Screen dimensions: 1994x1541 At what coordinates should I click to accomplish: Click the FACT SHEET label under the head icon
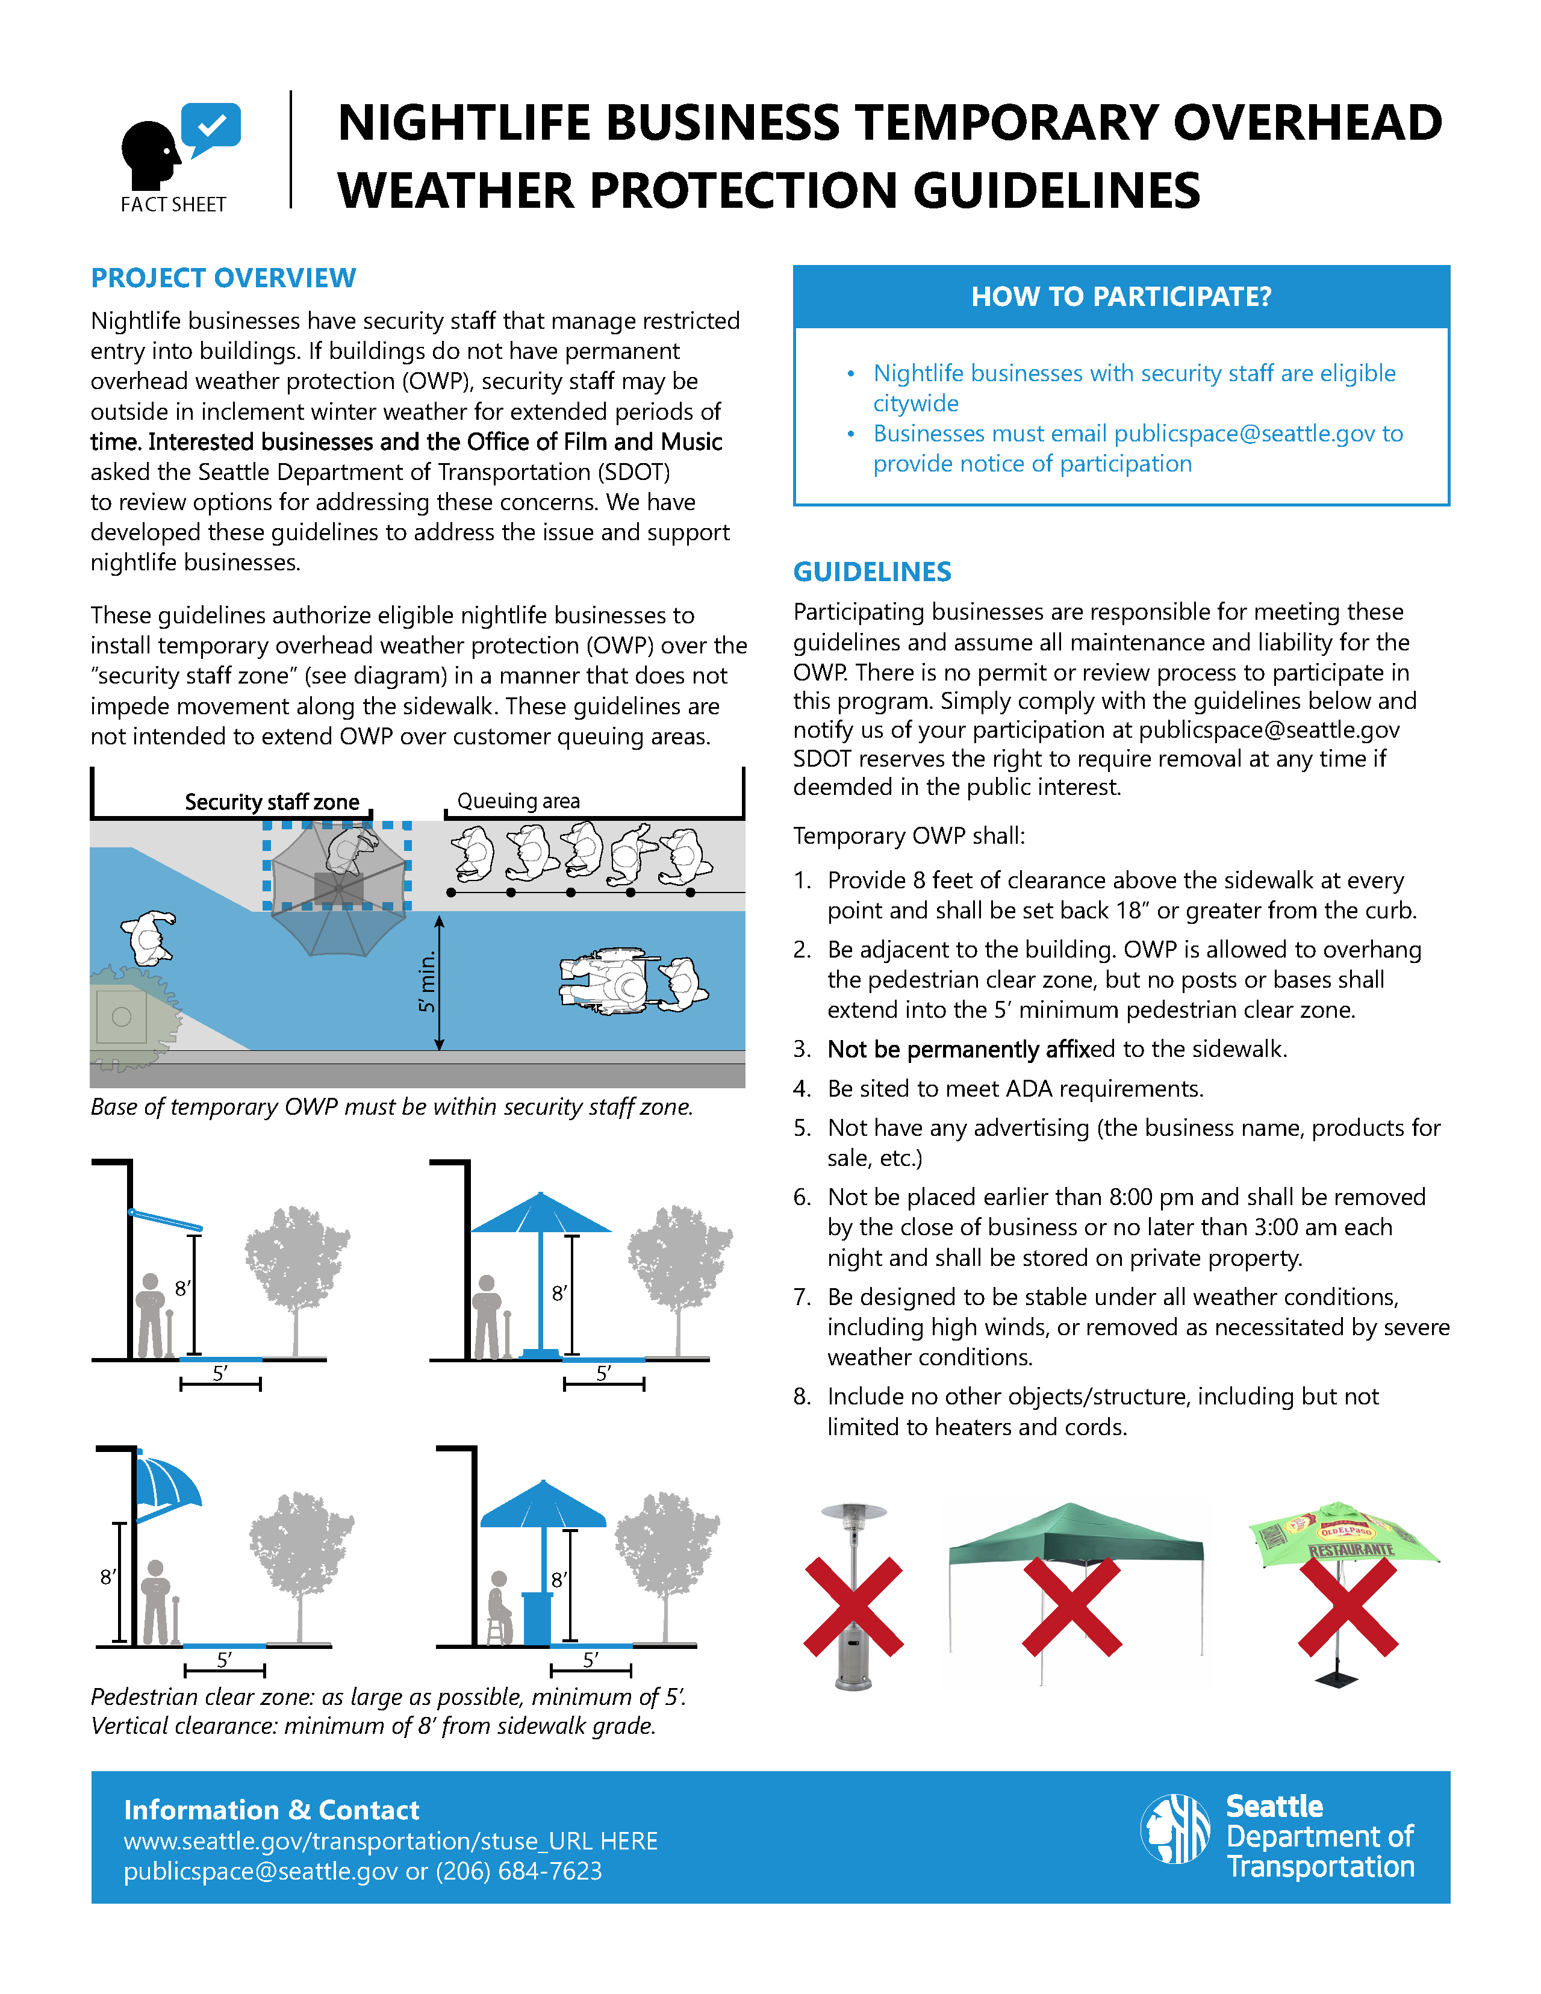pos(173,205)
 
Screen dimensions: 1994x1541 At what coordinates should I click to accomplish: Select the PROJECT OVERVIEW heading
pos(223,278)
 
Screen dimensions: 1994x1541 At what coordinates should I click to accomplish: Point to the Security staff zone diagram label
pos(272,802)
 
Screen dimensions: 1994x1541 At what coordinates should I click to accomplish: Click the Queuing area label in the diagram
pos(518,801)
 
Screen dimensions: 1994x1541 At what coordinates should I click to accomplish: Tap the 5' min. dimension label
pos(426,982)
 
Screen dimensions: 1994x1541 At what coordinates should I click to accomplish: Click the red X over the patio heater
pos(853,1607)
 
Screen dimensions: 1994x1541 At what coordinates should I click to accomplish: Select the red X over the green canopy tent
pos(1072,1607)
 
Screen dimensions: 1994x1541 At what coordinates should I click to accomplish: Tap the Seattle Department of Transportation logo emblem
pos(1176,1829)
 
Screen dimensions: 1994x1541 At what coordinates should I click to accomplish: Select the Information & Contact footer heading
pos(271,1810)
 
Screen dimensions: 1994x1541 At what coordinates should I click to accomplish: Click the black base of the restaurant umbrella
pos(1337,1677)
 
